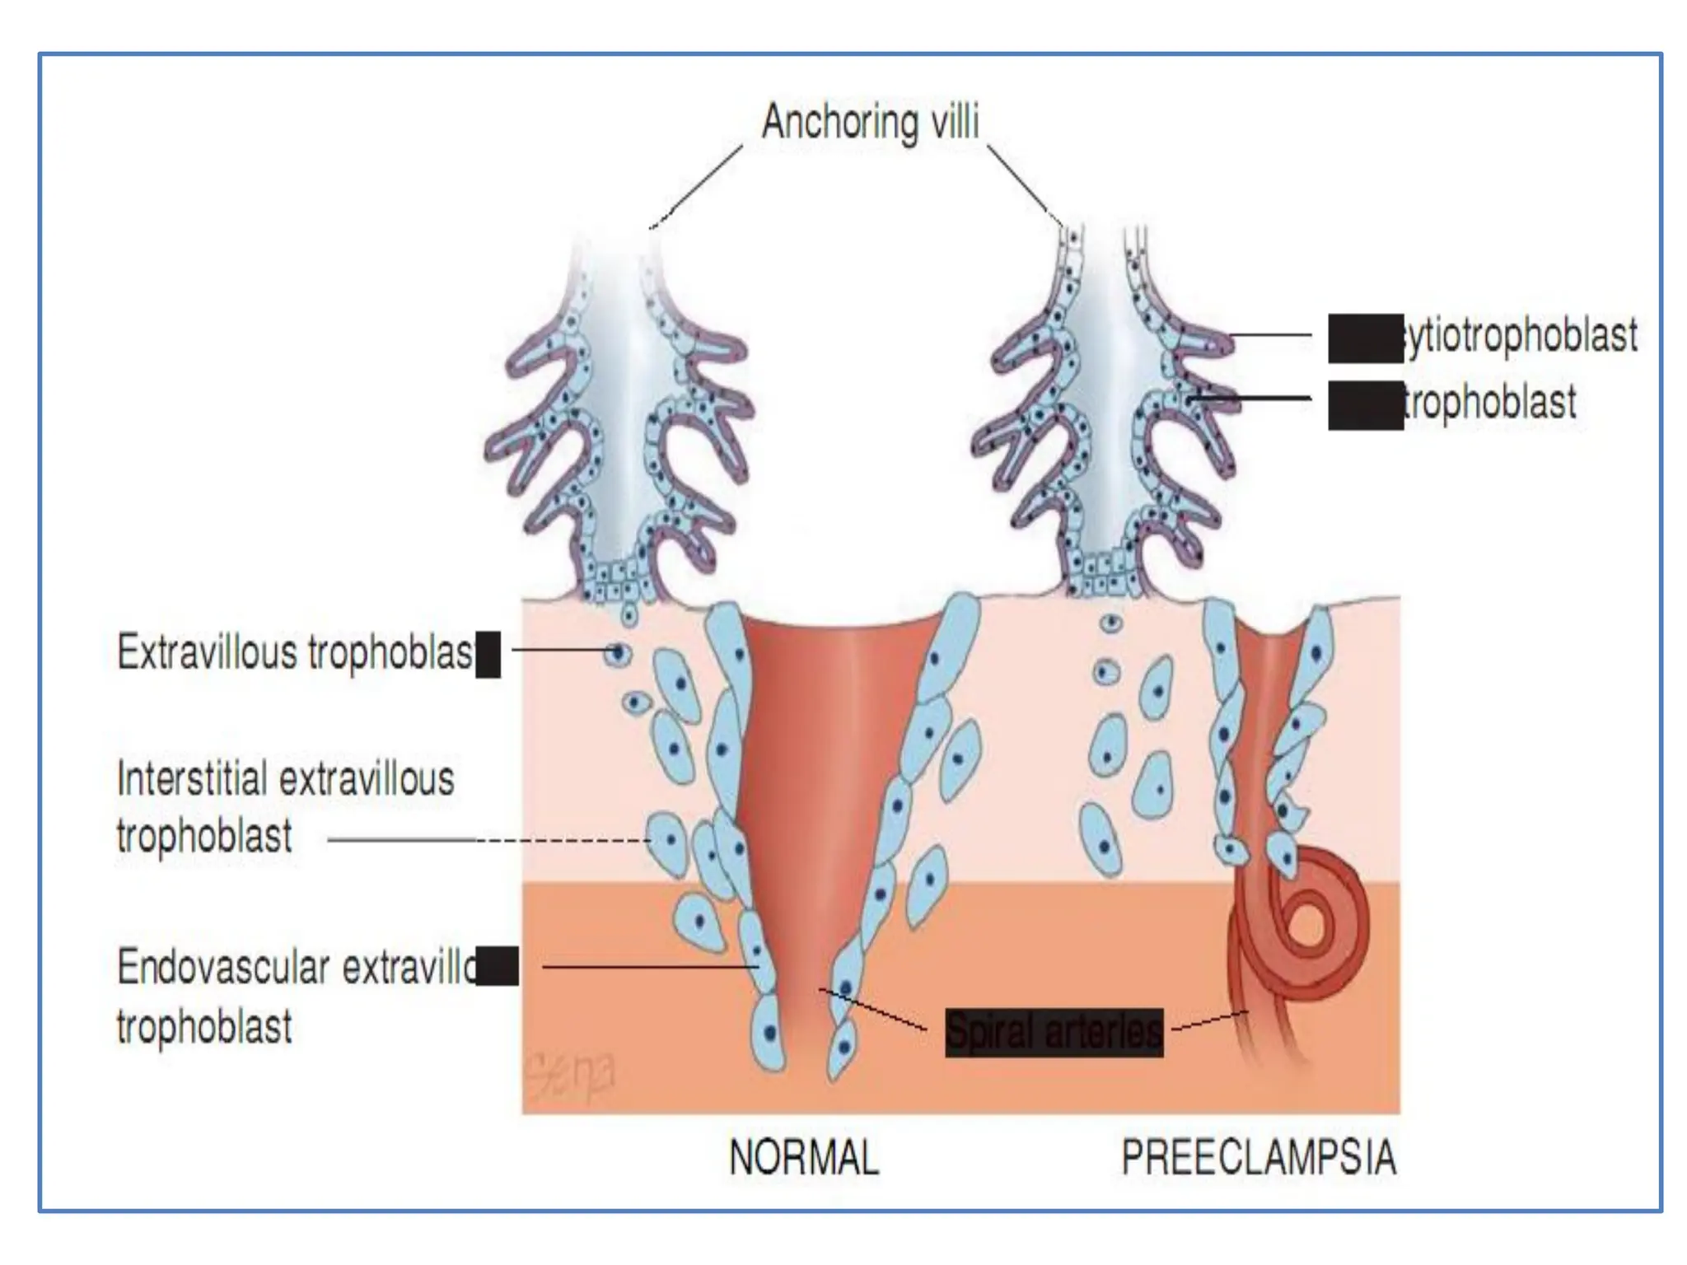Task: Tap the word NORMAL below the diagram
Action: (804, 1157)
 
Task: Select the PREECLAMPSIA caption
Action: (1259, 1157)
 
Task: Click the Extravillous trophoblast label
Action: (295, 653)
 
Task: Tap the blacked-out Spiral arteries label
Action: (1054, 1032)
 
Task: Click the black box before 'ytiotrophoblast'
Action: (1365, 338)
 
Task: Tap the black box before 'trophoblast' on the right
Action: (1365, 405)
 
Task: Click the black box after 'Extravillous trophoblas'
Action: (488, 655)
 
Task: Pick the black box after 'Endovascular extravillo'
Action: (498, 967)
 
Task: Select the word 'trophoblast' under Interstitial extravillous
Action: (204, 837)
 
